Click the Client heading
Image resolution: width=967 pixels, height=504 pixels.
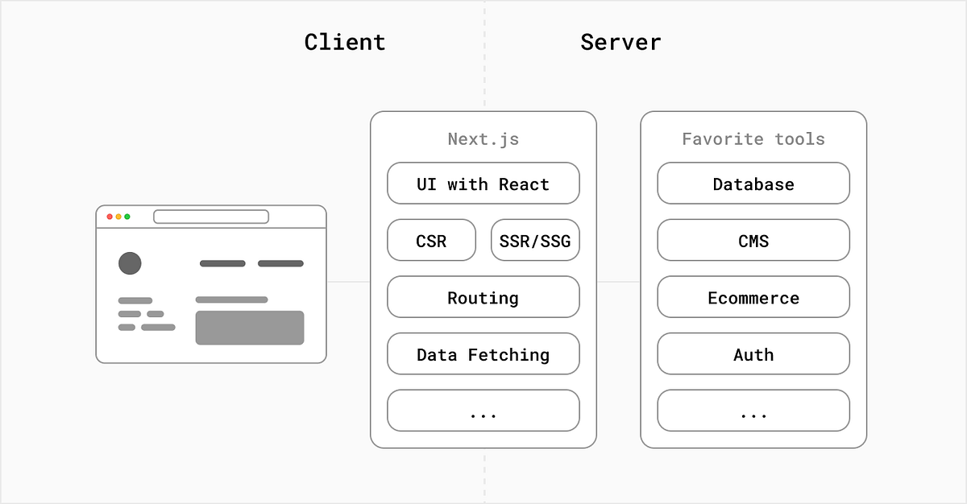pyautogui.click(x=345, y=42)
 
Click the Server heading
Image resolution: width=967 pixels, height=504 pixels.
pyautogui.click(x=620, y=42)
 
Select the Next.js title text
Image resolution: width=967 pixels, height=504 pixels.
pyautogui.click(x=483, y=139)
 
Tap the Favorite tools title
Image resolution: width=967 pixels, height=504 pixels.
pyautogui.click(x=753, y=139)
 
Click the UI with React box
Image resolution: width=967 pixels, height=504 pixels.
pyautogui.click(x=483, y=184)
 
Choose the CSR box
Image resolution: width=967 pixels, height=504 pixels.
pyautogui.click(x=431, y=241)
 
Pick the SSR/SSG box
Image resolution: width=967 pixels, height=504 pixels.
pyautogui.click(x=535, y=241)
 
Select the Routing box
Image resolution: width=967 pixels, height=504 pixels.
pyautogui.click(x=483, y=297)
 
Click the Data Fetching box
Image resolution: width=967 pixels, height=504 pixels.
pyautogui.click(x=483, y=354)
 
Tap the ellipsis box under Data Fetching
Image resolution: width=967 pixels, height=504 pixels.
pyautogui.click(x=483, y=411)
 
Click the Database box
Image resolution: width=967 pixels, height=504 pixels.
pyautogui.click(x=753, y=184)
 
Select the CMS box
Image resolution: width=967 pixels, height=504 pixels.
pyautogui.click(x=753, y=241)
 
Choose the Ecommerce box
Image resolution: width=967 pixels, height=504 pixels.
pyautogui.click(x=753, y=297)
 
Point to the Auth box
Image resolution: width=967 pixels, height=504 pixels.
pyautogui.click(x=753, y=354)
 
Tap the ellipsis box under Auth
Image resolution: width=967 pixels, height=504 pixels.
pyautogui.click(x=753, y=411)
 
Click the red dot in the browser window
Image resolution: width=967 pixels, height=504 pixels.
pyautogui.click(x=110, y=217)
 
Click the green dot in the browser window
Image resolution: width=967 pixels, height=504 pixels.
pyautogui.click(x=127, y=217)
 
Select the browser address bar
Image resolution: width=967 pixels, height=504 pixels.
pyautogui.click(x=211, y=217)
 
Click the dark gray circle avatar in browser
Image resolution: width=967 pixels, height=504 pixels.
pyautogui.click(x=130, y=263)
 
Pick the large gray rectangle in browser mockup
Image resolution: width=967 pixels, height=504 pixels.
pyautogui.click(x=250, y=328)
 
